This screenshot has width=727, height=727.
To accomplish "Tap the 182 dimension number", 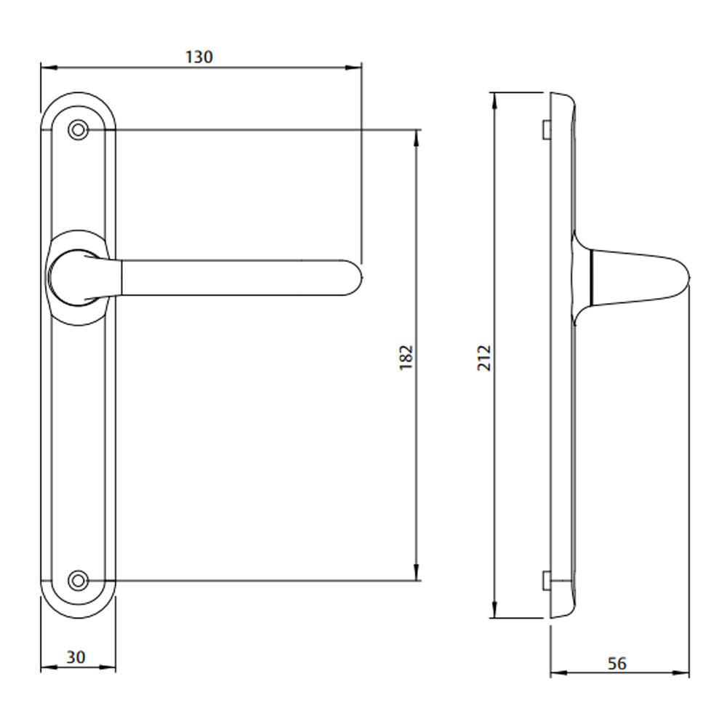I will coord(406,357).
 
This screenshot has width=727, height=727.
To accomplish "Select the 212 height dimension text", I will coord(485,358).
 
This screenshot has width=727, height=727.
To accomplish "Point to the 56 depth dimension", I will coord(616,663).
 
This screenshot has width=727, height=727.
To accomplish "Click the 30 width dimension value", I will coord(76,657).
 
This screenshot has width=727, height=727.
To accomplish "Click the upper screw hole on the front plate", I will coord(78,130).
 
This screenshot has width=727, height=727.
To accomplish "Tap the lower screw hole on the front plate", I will coord(78,580).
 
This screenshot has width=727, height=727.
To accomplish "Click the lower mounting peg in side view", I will coord(545,580).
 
